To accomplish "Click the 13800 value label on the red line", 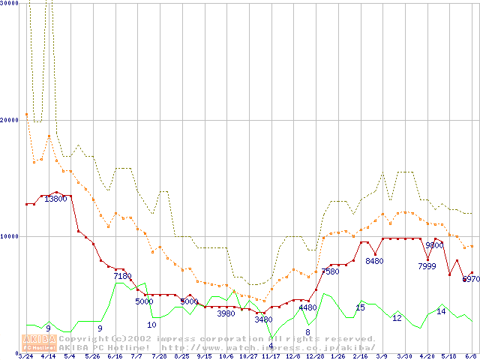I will click(55, 199).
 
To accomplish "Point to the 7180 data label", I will click(123, 276).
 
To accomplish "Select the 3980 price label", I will click(226, 313).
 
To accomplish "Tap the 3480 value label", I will click(263, 319).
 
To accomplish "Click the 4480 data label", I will click(307, 307).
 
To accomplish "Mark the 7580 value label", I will click(330, 271).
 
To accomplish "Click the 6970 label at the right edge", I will click(471, 279).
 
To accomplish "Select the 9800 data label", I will click(434, 245).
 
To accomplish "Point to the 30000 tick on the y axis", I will click(9, 3).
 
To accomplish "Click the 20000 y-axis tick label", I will click(9, 120).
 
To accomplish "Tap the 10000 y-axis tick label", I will click(9, 236).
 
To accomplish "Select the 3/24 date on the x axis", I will click(25, 356).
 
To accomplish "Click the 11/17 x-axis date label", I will click(271, 356).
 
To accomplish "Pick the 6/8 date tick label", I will click(471, 356).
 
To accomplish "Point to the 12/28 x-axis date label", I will click(315, 356).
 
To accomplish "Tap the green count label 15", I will click(360, 307).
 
